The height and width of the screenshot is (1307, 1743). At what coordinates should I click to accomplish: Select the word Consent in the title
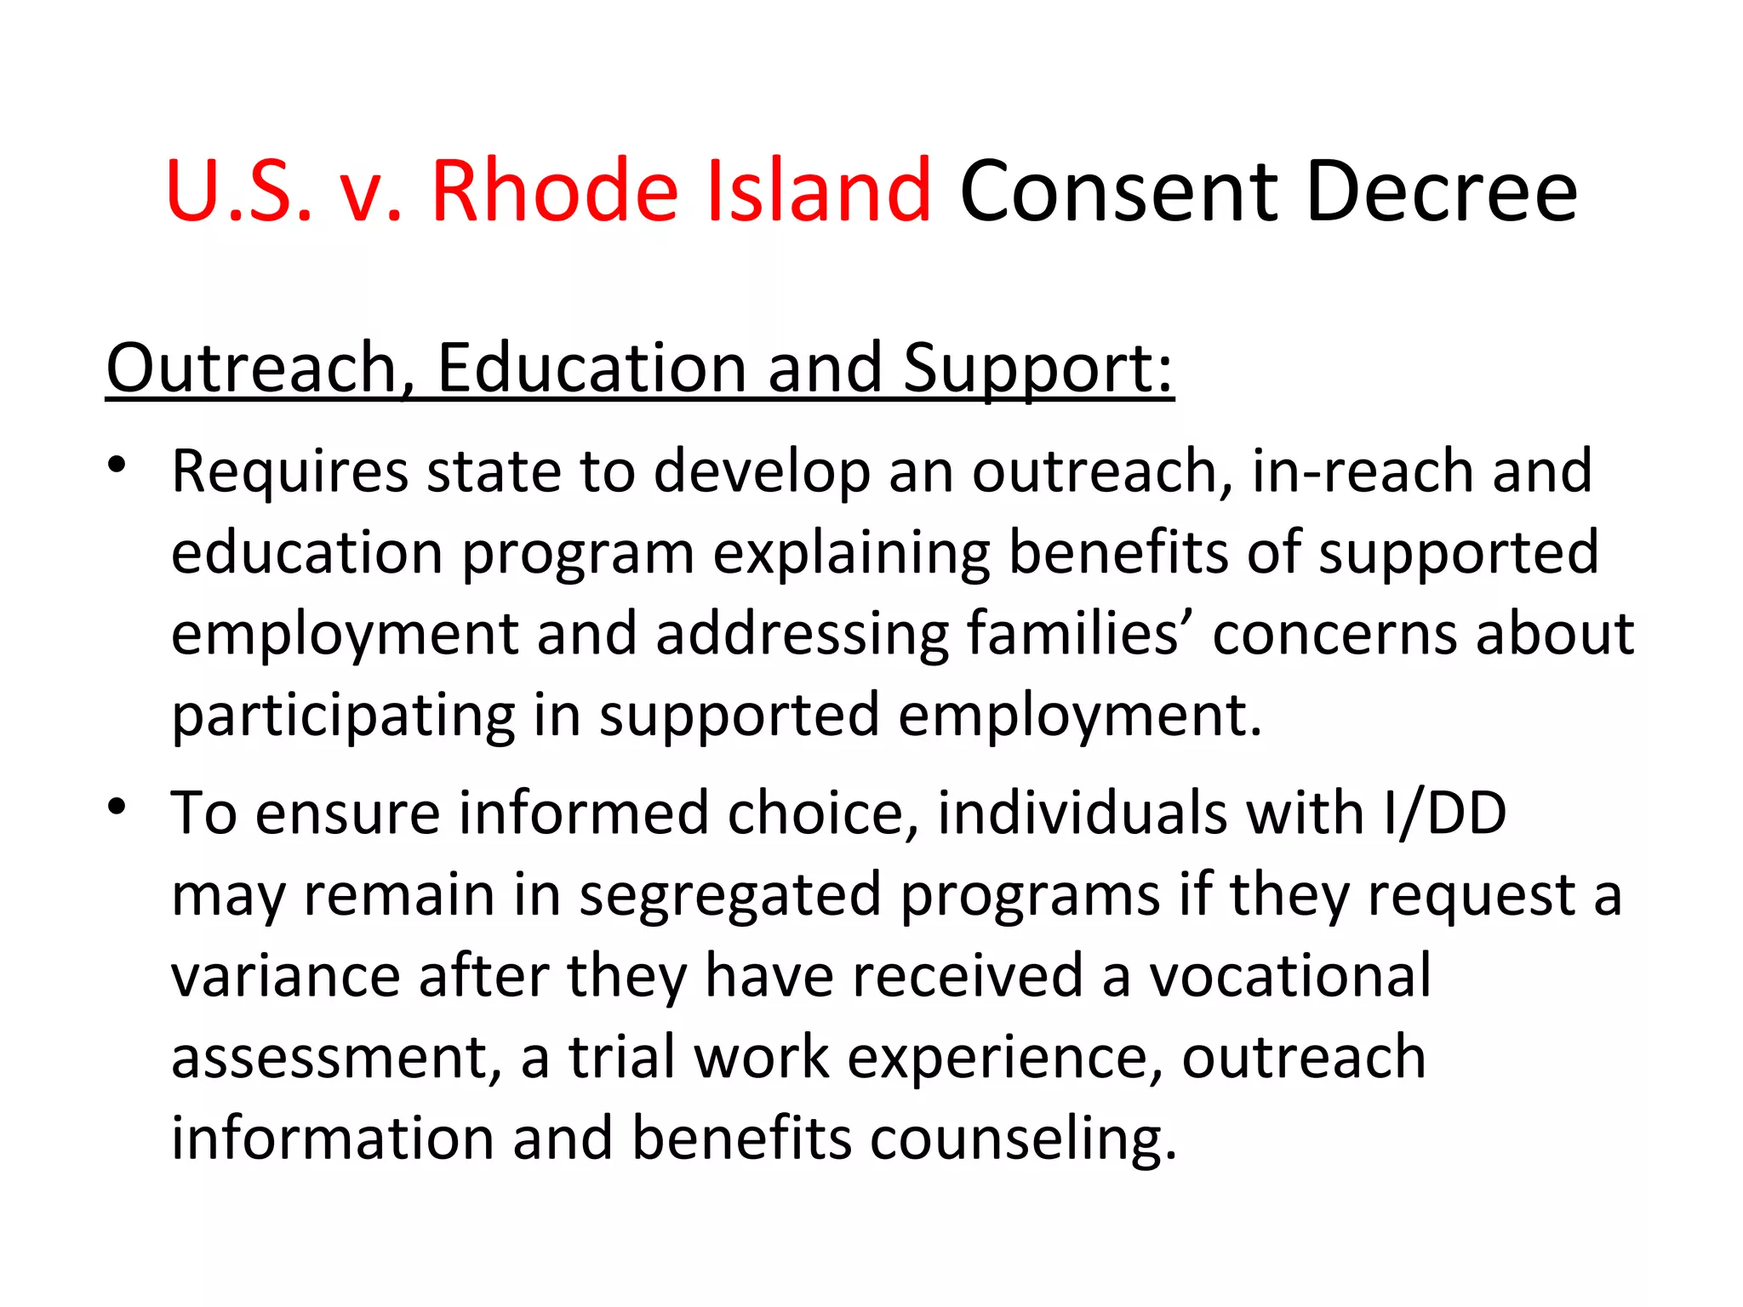1119,192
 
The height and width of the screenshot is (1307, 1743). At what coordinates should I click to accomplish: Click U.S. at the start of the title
239,192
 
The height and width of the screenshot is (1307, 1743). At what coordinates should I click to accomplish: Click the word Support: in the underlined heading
1037,369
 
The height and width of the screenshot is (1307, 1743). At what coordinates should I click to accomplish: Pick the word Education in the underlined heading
591,368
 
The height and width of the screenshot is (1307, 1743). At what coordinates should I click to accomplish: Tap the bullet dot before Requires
117,465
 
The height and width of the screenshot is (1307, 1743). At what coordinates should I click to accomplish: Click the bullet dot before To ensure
117,807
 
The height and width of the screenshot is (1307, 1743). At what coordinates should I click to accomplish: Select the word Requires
289,472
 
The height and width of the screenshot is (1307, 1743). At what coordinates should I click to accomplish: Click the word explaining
852,554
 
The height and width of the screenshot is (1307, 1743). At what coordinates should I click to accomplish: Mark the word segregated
729,896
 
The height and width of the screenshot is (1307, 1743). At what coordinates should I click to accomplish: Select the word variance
285,976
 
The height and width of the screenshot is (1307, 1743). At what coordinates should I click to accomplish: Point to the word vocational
1290,976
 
